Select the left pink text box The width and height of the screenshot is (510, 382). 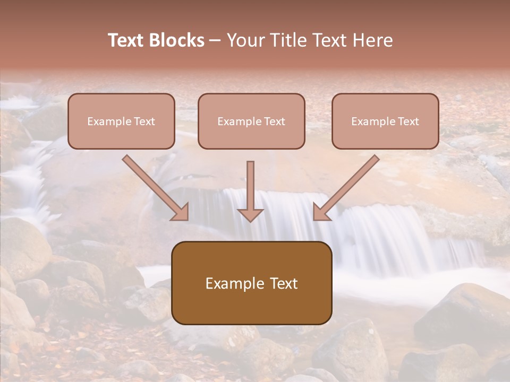pos(121,121)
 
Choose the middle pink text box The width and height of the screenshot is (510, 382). pos(251,121)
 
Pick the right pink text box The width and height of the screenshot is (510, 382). pos(385,121)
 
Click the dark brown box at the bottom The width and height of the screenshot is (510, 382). pos(251,283)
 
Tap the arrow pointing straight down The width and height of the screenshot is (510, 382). pos(250,186)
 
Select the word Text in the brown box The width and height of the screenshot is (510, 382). pos(284,283)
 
